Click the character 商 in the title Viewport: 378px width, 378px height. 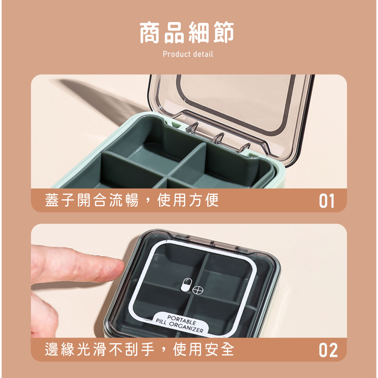pyautogui.click(x=151, y=33)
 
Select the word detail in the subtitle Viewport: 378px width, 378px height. pyautogui.click(x=203, y=54)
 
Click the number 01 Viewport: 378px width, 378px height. pyautogui.click(x=327, y=201)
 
